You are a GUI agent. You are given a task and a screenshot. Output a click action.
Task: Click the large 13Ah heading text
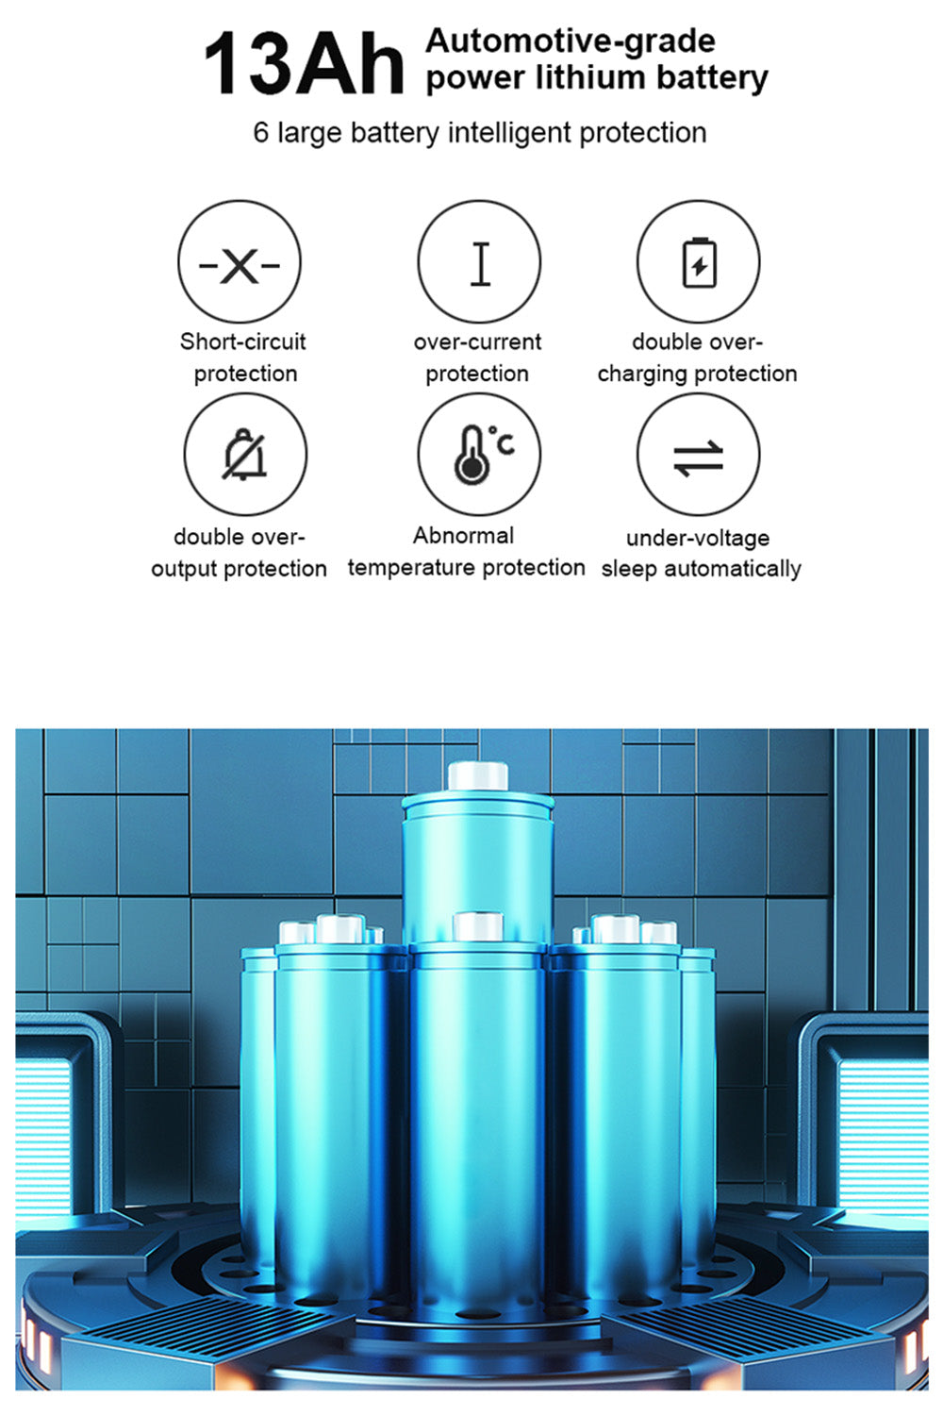304,65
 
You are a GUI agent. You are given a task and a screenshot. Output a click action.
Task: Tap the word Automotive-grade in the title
571,42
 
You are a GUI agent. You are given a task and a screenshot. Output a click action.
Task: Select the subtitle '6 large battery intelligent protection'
479,133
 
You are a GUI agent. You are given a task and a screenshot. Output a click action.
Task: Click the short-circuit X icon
240,262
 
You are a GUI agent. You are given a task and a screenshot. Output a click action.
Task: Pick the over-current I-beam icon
480,262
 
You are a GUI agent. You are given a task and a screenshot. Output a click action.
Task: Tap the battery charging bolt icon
699,262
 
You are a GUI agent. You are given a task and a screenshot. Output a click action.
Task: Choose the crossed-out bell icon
244,455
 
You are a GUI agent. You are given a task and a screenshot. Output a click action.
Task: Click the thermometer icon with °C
480,455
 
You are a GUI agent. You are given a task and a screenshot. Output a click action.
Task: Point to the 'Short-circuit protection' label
244,358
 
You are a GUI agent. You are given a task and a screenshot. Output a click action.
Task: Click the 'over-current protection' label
477,358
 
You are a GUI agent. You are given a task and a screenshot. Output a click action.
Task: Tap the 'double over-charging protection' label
697,358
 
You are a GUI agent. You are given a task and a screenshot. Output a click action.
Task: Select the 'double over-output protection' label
239,553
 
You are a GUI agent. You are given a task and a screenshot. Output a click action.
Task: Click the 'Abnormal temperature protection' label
466,552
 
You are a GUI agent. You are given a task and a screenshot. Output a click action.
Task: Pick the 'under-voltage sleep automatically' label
701,554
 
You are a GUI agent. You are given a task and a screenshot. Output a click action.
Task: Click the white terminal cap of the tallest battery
478,775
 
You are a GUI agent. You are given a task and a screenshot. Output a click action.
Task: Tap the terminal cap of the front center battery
477,926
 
